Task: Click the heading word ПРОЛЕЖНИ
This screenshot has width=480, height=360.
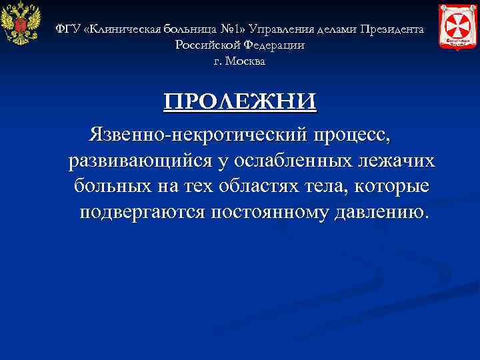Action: pyautogui.click(x=240, y=101)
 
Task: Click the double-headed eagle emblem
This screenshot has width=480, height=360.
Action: pyautogui.click(x=21, y=25)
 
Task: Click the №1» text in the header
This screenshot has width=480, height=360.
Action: pyautogui.click(x=235, y=30)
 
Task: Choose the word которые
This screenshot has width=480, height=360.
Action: pyautogui.click(x=391, y=187)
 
